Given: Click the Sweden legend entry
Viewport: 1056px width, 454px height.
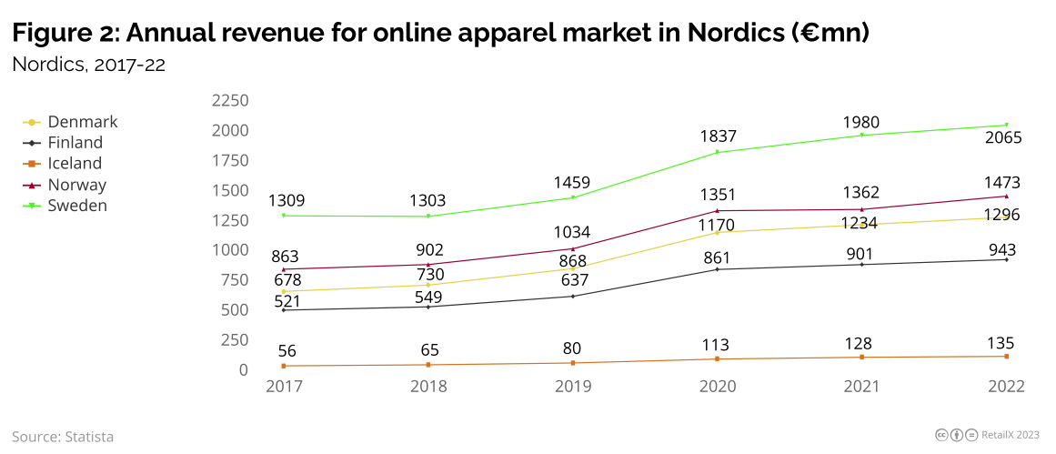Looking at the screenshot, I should pyautogui.click(x=76, y=206).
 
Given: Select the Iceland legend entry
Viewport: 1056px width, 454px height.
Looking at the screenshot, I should pyautogui.click(x=75, y=164).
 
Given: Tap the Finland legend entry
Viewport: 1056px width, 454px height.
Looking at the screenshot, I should pyautogui.click(x=75, y=143).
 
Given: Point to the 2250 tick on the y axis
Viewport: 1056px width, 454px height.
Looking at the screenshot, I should pyautogui.click(x=229, y=100).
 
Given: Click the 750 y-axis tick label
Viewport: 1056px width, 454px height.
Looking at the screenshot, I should pyautogui.click(x=234, y=280).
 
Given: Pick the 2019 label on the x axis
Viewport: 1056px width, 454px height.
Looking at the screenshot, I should pyautogui.click(x=573, y=387).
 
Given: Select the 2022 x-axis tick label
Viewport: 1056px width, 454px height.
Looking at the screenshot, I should pyautogui.click(x=1005, y=387).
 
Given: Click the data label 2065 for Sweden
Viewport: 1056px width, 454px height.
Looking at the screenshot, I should pyautogui.click(x=1004, y=138).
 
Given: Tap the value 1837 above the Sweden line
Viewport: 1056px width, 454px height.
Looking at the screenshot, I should pyautogui.click(x=718, y=136).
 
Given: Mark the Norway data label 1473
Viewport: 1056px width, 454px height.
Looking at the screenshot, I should pyautogui.click(x=1004, y=182).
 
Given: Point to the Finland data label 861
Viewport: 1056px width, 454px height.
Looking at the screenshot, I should pyautogui.click(x=718, y=257).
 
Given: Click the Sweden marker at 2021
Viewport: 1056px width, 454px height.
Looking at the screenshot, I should pyautogui.click(x=861, y=136).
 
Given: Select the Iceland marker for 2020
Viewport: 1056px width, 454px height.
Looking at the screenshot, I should pyautogui.click(x=718, y=359).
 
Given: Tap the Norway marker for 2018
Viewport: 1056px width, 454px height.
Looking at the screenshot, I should pyautogui.click(x=428, y=265).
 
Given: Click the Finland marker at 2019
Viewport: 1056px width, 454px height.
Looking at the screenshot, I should pyautogui.click(x=573, y=297).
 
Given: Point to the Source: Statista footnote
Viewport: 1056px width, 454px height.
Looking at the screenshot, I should pyautogui.click(x=63, y=437).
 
